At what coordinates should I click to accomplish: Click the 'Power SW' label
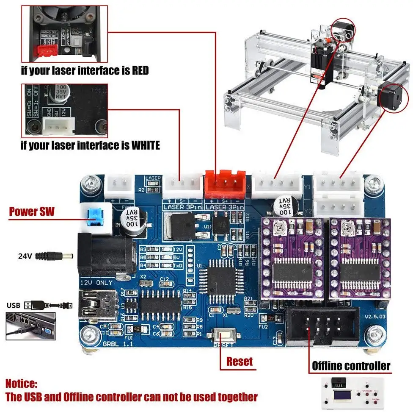32,211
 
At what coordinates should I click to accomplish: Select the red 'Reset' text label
239,361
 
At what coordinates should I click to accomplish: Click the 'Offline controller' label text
351,365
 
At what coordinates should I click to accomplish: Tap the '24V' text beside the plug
25,256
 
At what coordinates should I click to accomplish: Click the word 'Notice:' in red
22,384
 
